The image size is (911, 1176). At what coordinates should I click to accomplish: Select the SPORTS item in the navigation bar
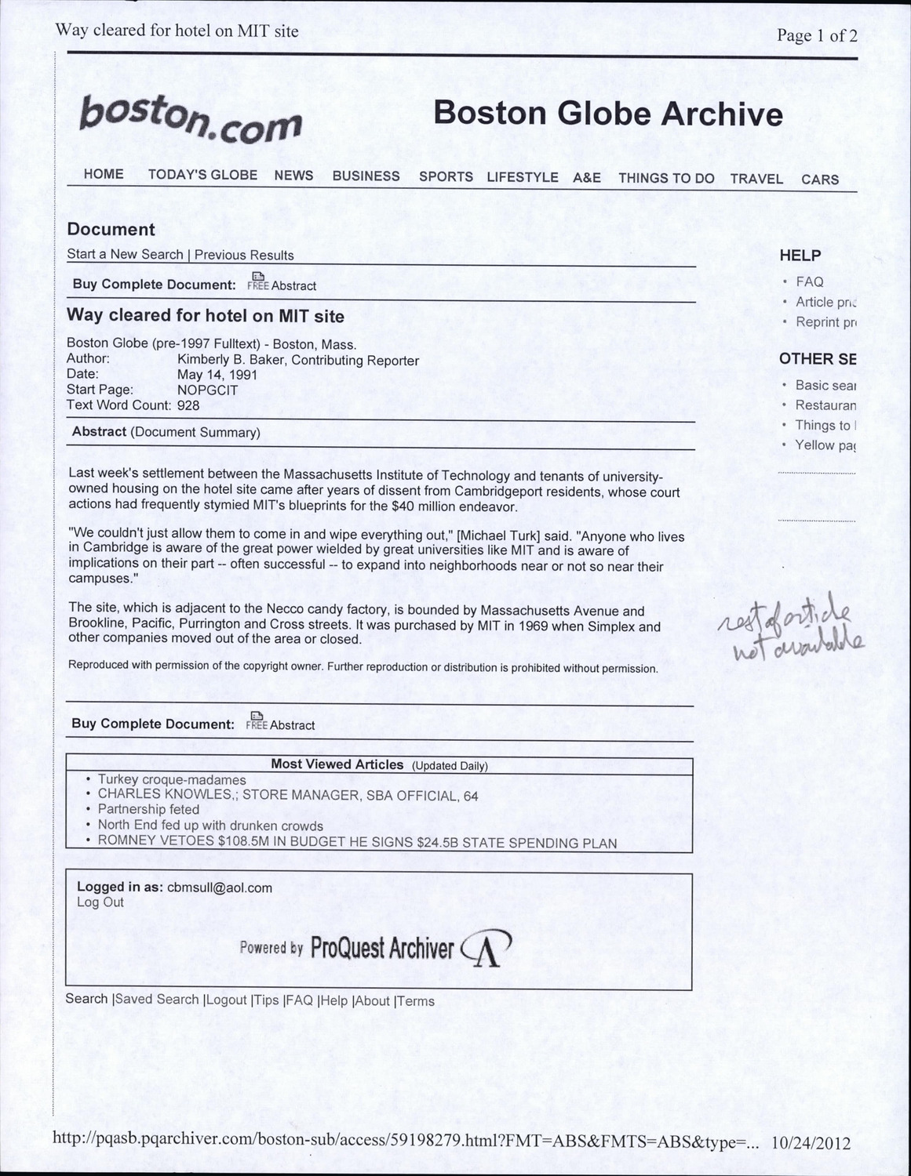(x=446, y=177)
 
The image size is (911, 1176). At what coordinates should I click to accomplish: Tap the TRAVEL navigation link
(x=756, y=179)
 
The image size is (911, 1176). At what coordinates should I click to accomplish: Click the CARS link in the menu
(x=820, y=180)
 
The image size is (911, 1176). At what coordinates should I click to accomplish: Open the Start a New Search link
(x=124, y=254)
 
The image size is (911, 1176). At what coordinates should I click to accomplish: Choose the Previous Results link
(x=244, y=255)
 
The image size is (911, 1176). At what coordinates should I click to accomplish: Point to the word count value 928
(x=188, y=405)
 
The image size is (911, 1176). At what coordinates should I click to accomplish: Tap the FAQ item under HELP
(x=809, y=281)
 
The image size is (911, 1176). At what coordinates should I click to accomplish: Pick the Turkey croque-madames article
(x=172, y=780)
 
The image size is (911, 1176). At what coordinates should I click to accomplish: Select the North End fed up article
(x=210, y=826)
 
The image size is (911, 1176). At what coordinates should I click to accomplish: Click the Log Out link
(x=100, y=902)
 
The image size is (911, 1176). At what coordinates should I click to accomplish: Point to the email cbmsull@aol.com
(x=220, y=887)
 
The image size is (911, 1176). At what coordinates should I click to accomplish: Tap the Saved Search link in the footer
(x=157, y=1000)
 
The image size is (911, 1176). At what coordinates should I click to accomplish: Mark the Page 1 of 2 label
(x=816, y=35)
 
